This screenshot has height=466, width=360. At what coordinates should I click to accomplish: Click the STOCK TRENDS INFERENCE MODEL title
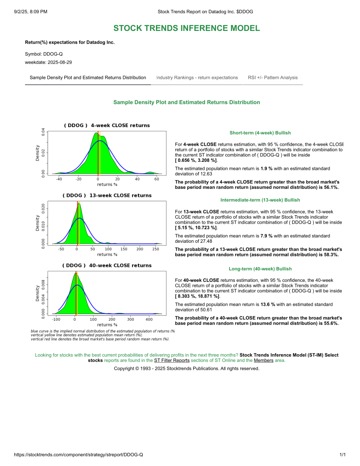pyautogui.click(x=186, y=28)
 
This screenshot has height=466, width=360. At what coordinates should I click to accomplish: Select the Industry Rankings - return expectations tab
pyautogui.click(x=197, y=78)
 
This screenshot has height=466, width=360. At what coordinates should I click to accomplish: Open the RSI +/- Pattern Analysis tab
pyautogui.click(x=273, y=78)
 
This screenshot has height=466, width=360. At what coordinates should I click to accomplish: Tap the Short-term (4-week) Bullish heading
pyautogui.click(x=260, y=133)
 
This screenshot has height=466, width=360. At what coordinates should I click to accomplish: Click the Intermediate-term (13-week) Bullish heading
pyautogui.click(x=260, y=200)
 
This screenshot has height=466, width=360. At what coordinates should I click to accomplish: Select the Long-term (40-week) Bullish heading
pyautogui.click(x=260, y=269)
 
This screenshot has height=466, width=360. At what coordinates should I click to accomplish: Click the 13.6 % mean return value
pyautogui.click(x=268, y=304)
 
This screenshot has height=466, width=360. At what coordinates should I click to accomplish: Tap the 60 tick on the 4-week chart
pyautogui.click(x=157, y=179)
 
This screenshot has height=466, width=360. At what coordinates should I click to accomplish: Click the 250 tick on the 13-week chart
pyautogui.click(x=155, y=249)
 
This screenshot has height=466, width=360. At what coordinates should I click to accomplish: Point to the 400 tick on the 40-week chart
pyautogui.click(x=149, y=319)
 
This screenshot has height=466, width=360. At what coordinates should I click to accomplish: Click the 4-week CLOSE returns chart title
pyautogui.click(x=107, y=125)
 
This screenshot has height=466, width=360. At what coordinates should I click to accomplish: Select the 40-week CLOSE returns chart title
pyautogui.click(x=107, y=266)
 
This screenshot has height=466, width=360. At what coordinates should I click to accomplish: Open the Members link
pyautogui.click(x=263, y=361)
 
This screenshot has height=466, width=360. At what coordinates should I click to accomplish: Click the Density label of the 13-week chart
pyautogui.click(x=37, y=223)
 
